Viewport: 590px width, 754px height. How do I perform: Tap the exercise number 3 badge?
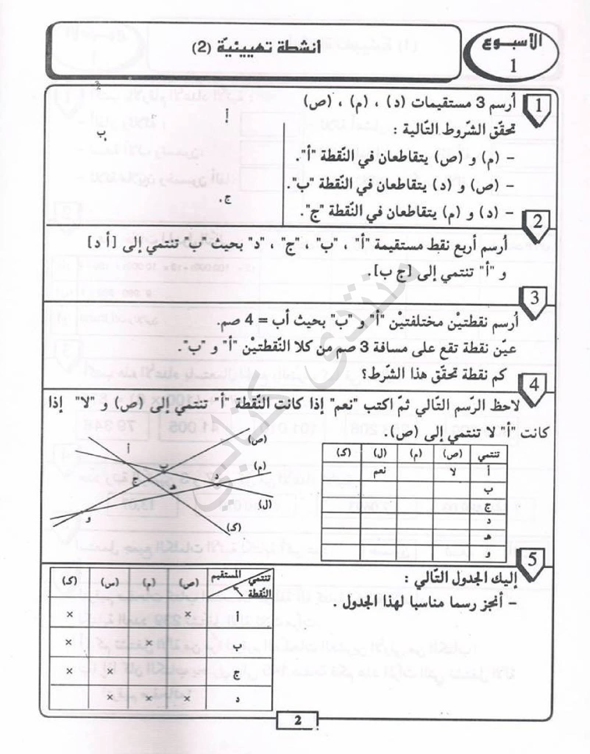[534, 297]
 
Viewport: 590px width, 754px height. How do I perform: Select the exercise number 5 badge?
[532, 560]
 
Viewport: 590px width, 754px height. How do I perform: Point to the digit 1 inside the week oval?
[513, 66]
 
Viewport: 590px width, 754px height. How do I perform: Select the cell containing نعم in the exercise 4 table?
[379, 472]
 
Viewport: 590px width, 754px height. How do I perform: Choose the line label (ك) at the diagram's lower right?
[234, 527]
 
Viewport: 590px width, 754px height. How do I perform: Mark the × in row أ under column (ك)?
[69, 614]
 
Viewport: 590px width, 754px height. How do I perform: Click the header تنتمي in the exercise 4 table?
[488, 457]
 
